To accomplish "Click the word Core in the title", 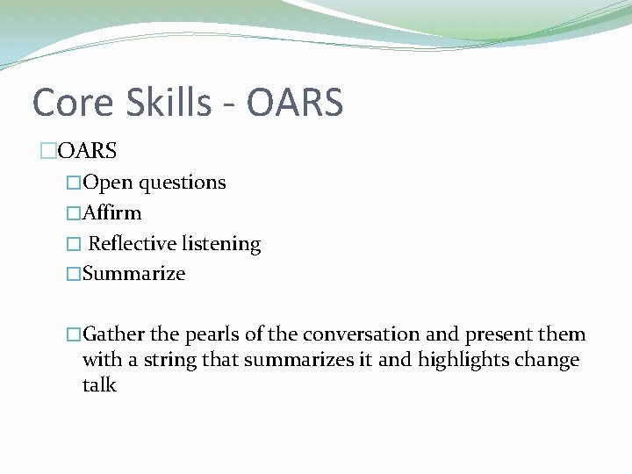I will (72, 104).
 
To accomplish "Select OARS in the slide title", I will (295, 104).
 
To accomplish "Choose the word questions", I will (183, 183).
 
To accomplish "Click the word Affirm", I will (111, 212).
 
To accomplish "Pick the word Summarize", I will (133, 273).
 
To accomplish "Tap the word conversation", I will (362, 334).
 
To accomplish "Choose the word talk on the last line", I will (99, 385).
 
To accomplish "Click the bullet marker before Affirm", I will (74, 213).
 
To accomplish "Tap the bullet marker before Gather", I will (74, 334).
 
